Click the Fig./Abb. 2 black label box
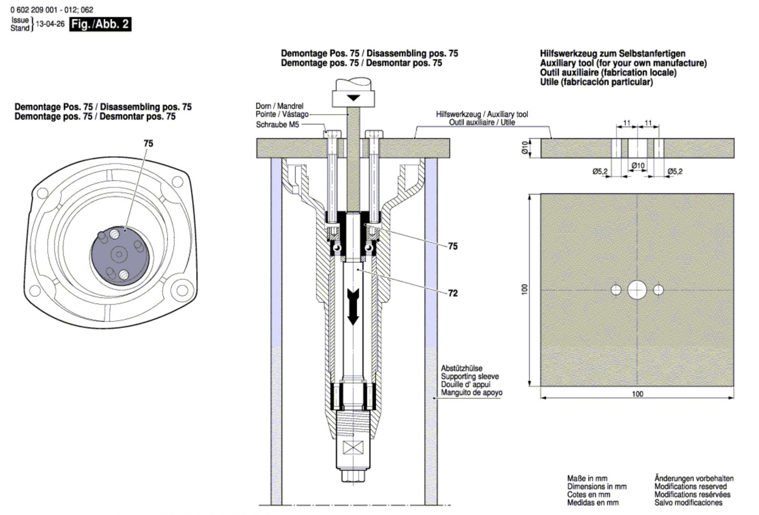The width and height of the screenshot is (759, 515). (100, 24)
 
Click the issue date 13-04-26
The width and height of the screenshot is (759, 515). (50, 24)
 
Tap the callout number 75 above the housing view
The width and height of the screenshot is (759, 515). (148, 143)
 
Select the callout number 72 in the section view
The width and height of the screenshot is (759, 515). (453, 293)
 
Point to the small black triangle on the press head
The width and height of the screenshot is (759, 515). (353, 98)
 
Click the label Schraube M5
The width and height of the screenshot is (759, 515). (278, 125)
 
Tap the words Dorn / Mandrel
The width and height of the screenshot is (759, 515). (279, 106)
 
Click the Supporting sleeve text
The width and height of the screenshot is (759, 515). (470, 376)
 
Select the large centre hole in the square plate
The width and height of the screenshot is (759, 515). (637, 290)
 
